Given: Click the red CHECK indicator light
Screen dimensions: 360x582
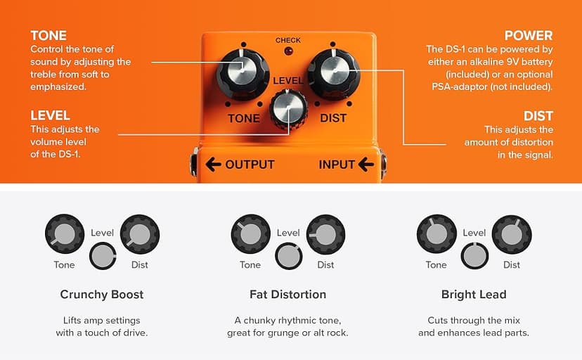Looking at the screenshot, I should pyautogui.click(x=287, y=51).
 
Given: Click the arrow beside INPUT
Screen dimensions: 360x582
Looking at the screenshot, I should pyautogui.click(x=366, y=165).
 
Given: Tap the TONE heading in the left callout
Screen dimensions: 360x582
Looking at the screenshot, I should pyautogui.click(x=48, y=36).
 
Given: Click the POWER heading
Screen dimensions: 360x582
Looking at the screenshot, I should pyautogui.click(x=529, y=36).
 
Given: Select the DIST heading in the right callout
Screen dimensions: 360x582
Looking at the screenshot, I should pyautogui.click(x=538, y=116).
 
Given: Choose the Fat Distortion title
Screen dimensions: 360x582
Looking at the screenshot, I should pyautogui.click(x=287, y=294).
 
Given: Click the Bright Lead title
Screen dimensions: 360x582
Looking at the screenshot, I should pyautogui.click(x=474, y=294).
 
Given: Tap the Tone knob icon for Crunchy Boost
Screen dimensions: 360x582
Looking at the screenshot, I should pyautogui.click(x=64, y=234).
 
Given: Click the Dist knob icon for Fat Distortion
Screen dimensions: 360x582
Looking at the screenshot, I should pyautogui.click(x=325, y=234).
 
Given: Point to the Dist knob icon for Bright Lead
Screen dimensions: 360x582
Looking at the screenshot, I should pyautogui.click(x=512, y=234).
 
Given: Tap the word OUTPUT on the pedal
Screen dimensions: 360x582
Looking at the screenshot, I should pyautogui.click(x=250, y=165).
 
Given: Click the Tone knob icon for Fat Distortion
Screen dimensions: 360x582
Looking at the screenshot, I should pyautogui.click(x=250, y=234).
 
